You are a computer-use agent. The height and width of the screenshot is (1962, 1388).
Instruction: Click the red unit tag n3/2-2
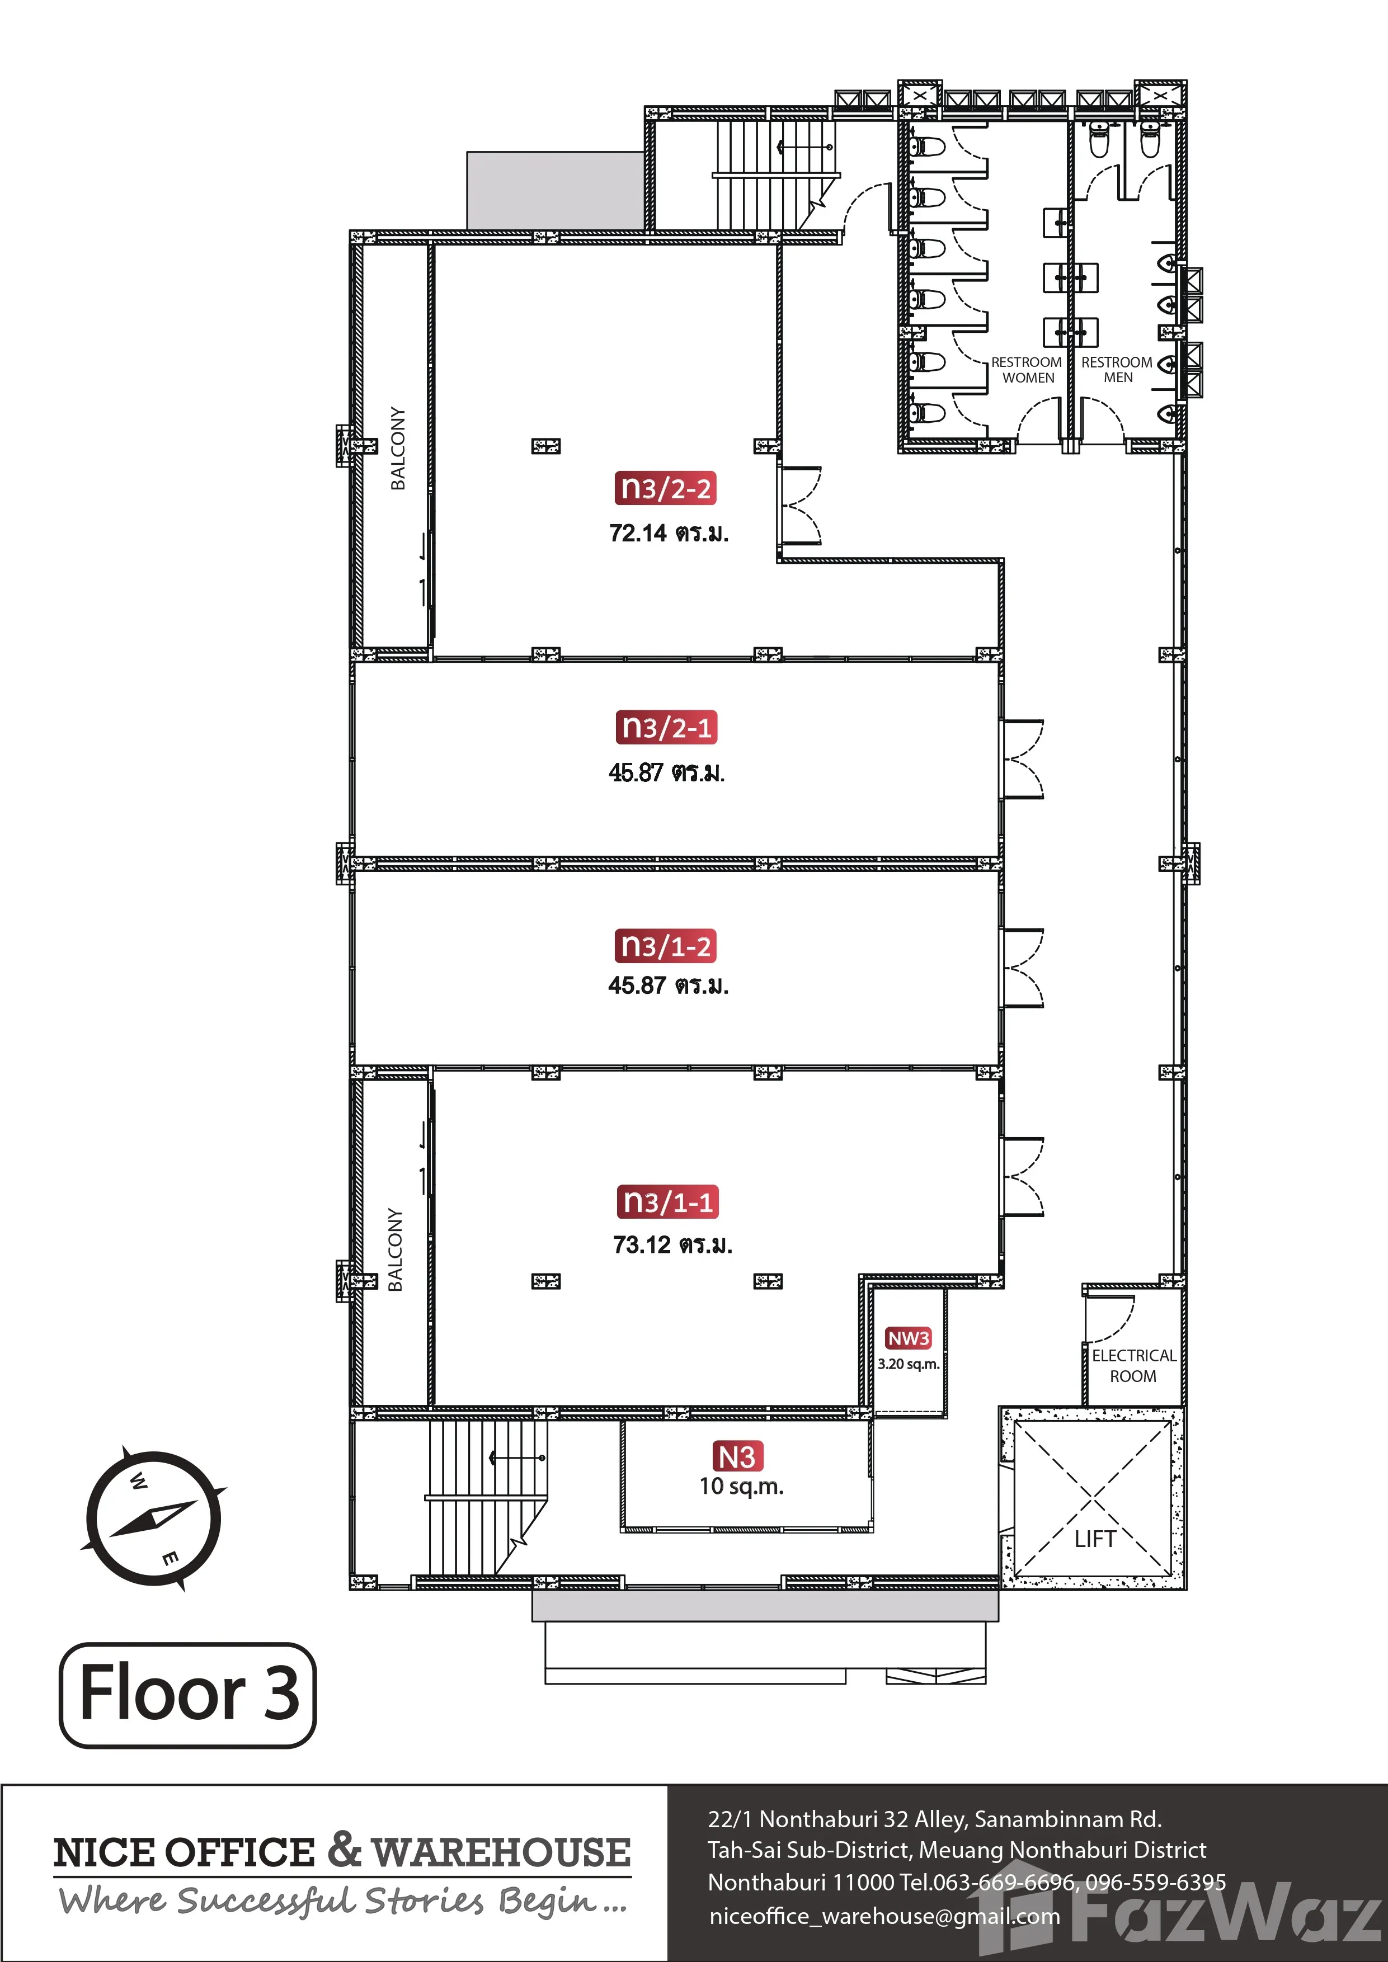[666, 489]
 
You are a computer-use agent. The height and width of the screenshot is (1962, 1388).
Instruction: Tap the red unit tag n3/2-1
[666, 727]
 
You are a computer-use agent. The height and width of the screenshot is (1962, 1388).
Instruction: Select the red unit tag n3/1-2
[666, 946]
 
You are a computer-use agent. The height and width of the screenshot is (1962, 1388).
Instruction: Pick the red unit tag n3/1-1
[667, 1201]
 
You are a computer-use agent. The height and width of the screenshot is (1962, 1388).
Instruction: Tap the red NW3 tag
[909, 1338]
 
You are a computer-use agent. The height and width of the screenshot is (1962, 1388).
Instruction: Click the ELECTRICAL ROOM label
[1134, 1366]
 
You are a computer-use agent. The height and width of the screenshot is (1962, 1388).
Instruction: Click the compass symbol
[154, 1518]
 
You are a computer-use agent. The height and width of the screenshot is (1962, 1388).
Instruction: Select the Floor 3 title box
[188, 1695]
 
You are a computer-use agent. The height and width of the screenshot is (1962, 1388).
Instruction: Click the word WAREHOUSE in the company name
[502, 1852]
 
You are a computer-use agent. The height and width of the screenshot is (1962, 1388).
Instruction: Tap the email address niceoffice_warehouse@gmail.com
[884, 1917]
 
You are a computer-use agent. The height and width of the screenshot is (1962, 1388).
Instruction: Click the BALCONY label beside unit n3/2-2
[397, 449]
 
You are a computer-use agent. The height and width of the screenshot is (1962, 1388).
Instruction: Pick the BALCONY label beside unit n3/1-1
[395, 1249]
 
